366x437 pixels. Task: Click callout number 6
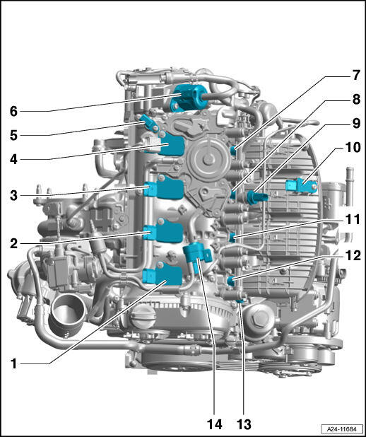[13, 111]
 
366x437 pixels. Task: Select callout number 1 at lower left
[13, 363]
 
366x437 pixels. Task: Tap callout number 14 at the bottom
[215, 424]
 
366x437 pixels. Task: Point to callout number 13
[244, 424]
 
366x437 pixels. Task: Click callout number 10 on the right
[353, 147]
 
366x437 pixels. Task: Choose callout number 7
[356, 75]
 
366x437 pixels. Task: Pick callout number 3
[13, 195]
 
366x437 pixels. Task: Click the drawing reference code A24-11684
[341, 429]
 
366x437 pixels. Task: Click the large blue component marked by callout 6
[189, 98]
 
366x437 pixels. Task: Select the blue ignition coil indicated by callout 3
[165, 187]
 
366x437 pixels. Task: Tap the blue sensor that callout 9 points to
[256, 197]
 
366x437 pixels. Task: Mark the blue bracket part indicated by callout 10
[301, 185]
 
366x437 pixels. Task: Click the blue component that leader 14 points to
[197, 256]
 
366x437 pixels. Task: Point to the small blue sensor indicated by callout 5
[150, 122]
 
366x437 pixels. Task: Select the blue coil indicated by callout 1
[163, 274]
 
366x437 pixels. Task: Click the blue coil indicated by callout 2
[164, 231]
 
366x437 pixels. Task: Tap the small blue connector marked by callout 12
[231, 281]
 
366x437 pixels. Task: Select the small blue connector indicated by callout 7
[233, 151]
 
